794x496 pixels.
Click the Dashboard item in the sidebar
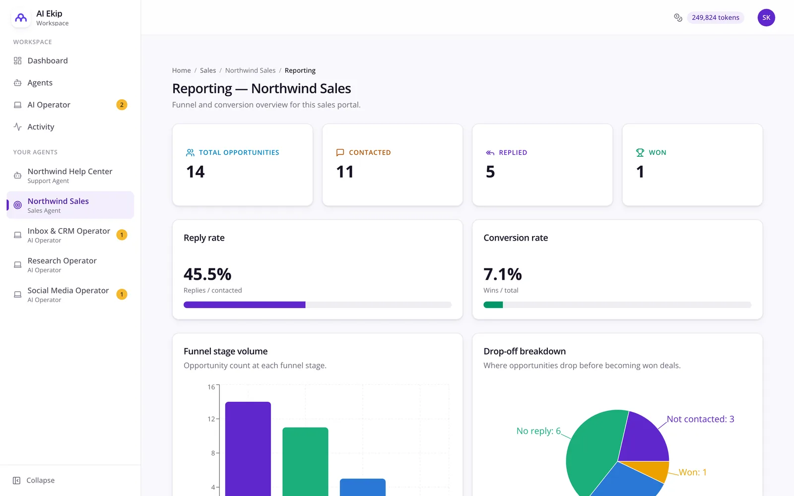[48, 61]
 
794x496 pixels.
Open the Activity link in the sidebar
[41, 127]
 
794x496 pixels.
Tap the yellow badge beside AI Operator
[122, 105]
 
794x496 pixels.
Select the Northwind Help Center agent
[70, 176]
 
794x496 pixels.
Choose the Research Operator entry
[62, 265]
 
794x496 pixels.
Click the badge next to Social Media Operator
[122, 295]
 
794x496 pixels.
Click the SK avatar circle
[766, 18]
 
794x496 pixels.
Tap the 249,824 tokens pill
[715, 18]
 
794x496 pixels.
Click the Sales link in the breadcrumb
[208, 70]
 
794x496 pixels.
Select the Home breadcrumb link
[181, 70]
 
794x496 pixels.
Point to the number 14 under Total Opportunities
[196, 172]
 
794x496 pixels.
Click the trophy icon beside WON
[640, 153]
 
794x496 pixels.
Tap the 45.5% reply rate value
[207, 274]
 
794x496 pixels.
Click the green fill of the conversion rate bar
[493, 305]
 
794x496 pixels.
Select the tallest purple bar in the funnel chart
[248, 449]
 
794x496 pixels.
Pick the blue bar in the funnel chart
[363, 488]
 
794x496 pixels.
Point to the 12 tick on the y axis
[211, 419]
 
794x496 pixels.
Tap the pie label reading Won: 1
[693, 472]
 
